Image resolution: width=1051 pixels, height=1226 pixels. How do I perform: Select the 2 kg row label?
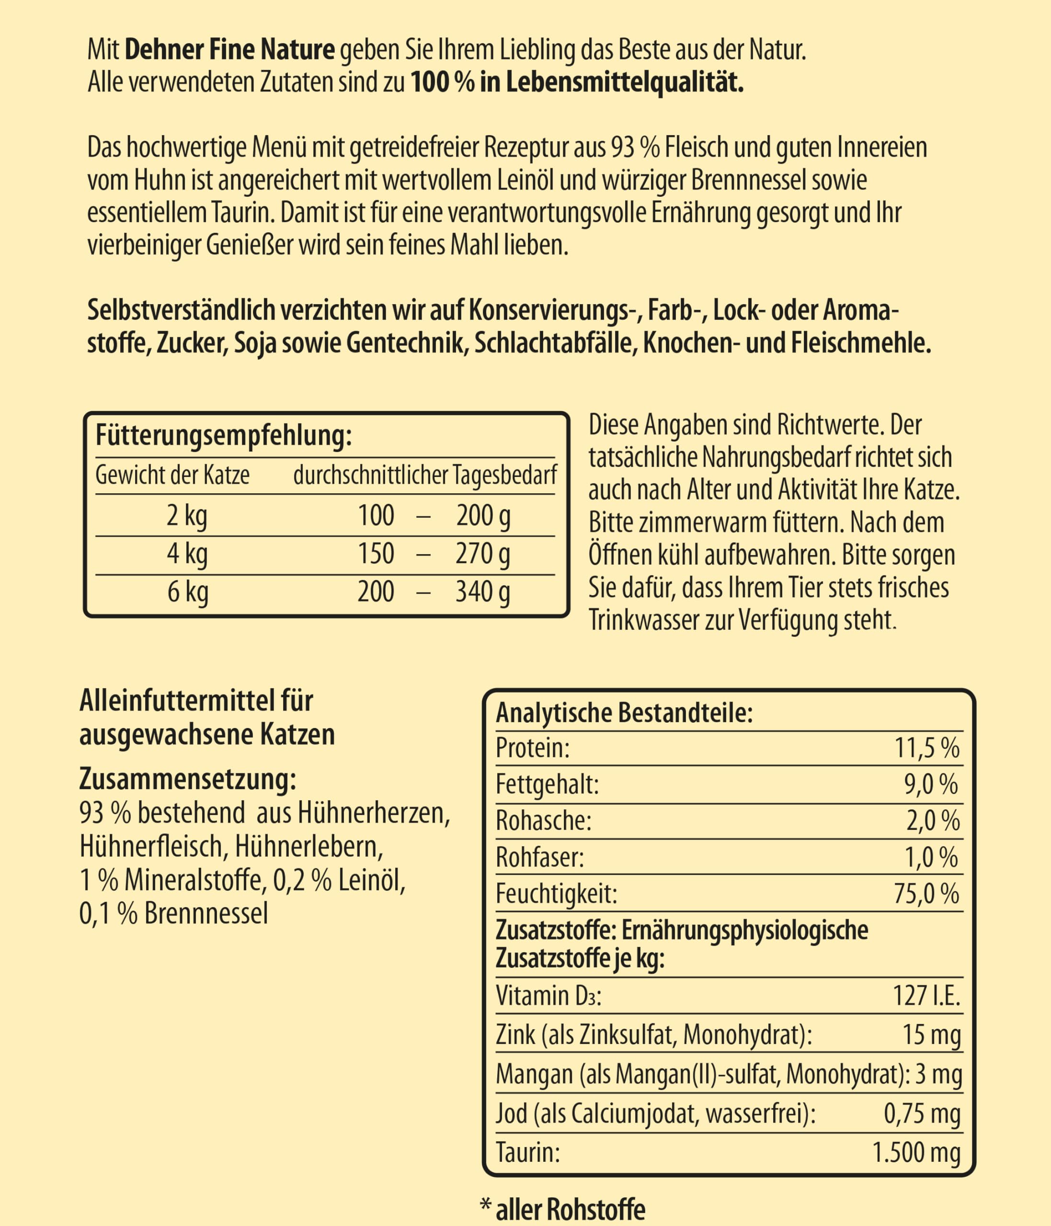click(x=187, y=516)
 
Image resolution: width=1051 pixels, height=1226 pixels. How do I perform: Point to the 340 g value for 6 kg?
click(x=483, y=592)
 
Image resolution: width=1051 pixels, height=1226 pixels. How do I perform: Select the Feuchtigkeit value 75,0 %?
click(x=926, y=894)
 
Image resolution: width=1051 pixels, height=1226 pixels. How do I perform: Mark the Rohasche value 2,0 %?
click(x=933, y=821)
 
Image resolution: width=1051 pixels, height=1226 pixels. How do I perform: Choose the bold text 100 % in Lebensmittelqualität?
click(x=577, y=83)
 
